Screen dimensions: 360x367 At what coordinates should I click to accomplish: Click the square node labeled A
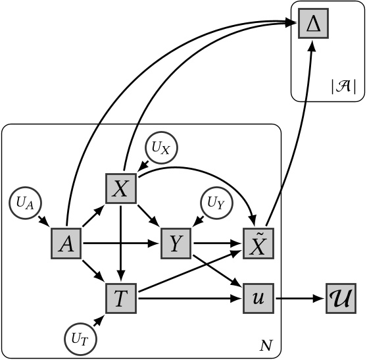click(x=67, y=245)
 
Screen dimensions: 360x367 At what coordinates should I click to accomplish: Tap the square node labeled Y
click(x=176, y=245)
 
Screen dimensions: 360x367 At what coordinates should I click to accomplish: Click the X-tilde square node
click(x=259, y=245)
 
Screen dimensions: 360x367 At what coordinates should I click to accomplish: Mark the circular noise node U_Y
click(x=215, y=203)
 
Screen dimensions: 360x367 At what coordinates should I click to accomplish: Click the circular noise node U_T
click(x=79, y=339)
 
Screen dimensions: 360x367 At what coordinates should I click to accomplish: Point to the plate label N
click(x=266, y=344)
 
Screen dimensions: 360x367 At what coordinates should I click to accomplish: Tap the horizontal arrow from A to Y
click(x=122, y=245)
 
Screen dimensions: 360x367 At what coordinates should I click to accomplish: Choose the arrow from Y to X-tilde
click(x=217, y=245)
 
